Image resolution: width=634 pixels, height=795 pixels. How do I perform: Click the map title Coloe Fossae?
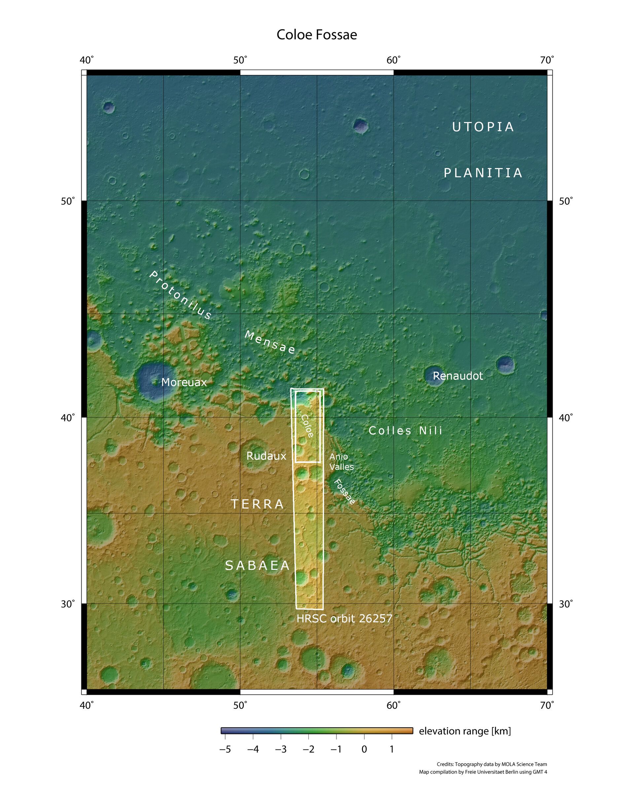click(317, 35)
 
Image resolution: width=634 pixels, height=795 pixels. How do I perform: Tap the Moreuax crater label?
click(184, 382)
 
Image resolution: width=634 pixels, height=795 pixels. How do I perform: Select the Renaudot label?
click(457, 376)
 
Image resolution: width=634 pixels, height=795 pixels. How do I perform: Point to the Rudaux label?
click(266, 456)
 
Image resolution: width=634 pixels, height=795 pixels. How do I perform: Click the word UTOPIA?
click(483, 127)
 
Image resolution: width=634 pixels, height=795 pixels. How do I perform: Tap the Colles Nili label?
click(405, 431)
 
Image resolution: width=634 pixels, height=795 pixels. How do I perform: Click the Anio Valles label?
click(341, 462)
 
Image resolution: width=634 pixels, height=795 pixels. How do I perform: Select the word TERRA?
click(257, 504)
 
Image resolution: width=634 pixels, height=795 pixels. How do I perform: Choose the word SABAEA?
click(257, 566)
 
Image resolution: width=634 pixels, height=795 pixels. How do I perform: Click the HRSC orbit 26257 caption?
click(344, 618)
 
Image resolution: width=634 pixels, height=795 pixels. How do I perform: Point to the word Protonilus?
click(180, 295)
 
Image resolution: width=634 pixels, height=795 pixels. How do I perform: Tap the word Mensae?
click(270, 343)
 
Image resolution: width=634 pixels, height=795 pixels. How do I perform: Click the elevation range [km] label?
click(465, 731)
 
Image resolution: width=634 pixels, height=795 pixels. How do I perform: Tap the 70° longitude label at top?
click(546, 60)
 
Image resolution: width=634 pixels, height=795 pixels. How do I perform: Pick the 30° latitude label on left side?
click(68, 604)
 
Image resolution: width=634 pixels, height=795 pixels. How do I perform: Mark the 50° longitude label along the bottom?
click(240, 705)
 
